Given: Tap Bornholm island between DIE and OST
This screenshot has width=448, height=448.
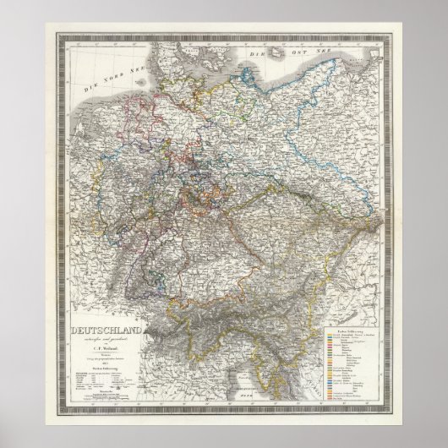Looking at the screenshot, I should pyautogui.click(x=275, y=52).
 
